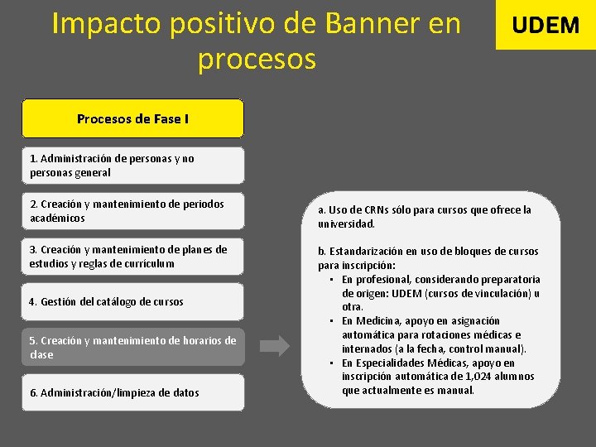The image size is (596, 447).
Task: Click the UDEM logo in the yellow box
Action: click(x=546, y=25)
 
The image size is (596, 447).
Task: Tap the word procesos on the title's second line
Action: click(x=257, y=60)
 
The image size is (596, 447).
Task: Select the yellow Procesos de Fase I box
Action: click(x=132, y=118)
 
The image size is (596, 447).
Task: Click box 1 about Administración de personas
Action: click(x=132, y=166)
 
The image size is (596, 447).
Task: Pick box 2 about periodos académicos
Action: click(x=132, y=211)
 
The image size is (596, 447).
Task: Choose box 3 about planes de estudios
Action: click(x=132, y=257)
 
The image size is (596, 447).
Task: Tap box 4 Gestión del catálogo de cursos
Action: click(x=132, y=302)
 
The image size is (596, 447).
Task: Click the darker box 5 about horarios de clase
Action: click(x=132, y=348)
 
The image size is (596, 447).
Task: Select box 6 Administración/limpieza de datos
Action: click(x=132, y=392)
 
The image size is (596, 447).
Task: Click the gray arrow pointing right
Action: click(x=276, y=347)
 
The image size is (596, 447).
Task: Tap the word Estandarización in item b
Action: click(x=368, y=252)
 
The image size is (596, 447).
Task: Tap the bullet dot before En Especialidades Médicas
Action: click(x=331, y=363)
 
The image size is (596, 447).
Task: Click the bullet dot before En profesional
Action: click(x=331, y=279)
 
